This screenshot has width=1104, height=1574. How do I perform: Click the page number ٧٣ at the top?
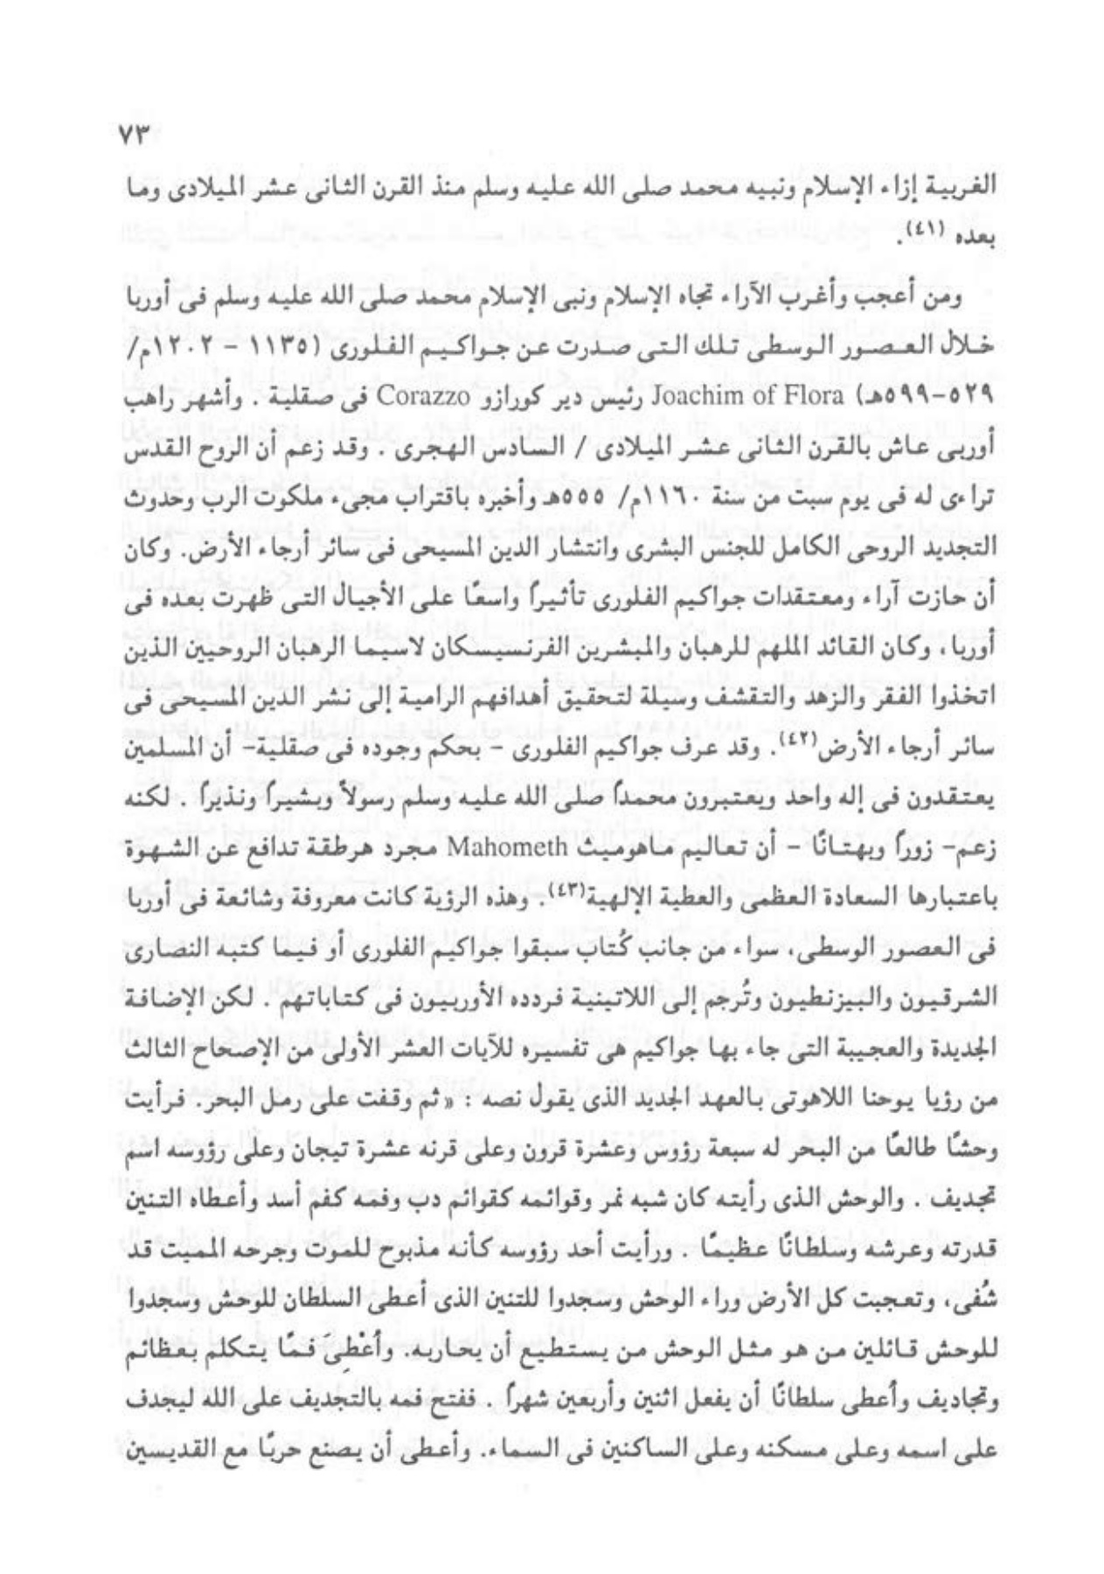click(135, 136)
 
